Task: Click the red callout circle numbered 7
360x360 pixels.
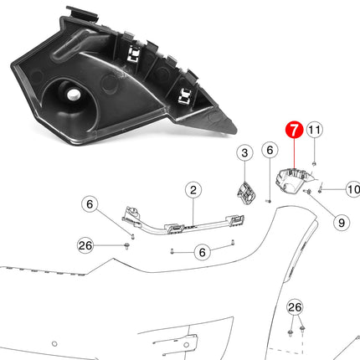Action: pos(293,131)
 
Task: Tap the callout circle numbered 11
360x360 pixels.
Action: pos(314,130)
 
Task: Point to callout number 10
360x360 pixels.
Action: pos(352,191)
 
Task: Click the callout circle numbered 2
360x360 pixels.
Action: pos(193,191)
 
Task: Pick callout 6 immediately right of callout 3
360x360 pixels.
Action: pos(269,151)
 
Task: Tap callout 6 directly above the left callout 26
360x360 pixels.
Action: pos(91,203)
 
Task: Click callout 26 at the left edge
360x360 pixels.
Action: pos(85,245)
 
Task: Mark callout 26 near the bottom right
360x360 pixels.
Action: pos(293,308)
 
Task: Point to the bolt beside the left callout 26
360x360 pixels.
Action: pos(126,245)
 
